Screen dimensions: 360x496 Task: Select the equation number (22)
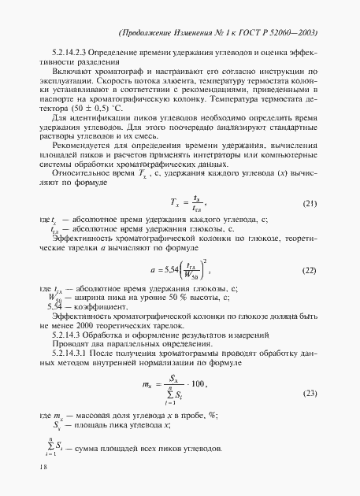[310, 271]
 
